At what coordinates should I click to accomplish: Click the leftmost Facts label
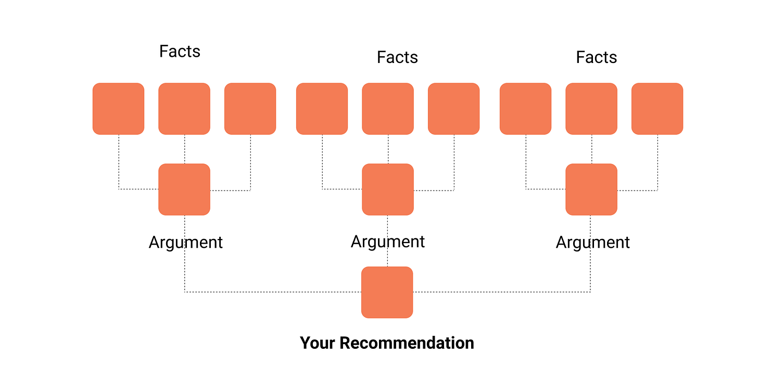click(180, 52)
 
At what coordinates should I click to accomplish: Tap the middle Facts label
click(397, 57)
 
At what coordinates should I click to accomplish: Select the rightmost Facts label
click(596, 57)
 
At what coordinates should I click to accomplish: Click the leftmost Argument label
click(185, 243)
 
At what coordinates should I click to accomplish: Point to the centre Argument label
click(388, 242)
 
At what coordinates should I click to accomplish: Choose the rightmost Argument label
click(592, 243)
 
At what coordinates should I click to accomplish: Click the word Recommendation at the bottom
click(407, 343)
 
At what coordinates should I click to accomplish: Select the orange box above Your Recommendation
click(387, 292)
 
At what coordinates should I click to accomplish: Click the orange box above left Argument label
click(184, 189)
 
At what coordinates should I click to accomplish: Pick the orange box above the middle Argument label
click(388, 189)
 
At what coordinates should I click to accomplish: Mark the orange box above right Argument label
click(591, 189)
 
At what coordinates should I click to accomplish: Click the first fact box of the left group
click(118, 108)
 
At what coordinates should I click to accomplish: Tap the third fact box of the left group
click(250, 108)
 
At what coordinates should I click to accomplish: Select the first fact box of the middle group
click(322, 108)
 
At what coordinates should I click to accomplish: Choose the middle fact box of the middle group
click(388, 108)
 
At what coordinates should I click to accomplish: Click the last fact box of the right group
click(657, 108)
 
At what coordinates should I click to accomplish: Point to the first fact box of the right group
click(525, 108)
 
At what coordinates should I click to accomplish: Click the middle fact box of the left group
click(184, 108)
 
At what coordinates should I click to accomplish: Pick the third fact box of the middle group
click(453, 108)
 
